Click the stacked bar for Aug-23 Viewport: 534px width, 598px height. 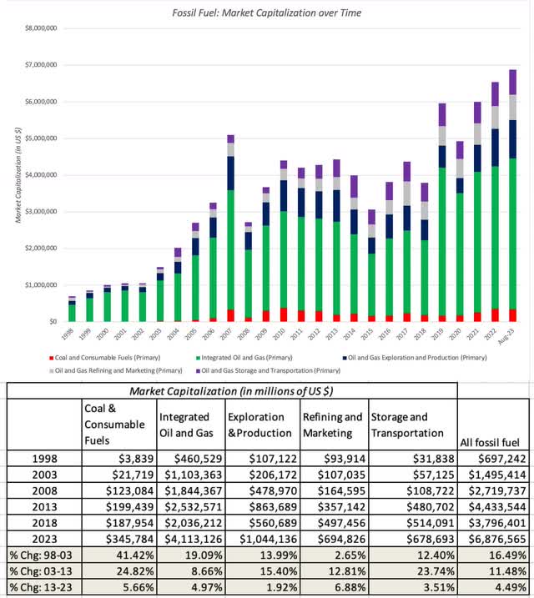click(513, 195)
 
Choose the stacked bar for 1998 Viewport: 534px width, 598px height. click(72, 309)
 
